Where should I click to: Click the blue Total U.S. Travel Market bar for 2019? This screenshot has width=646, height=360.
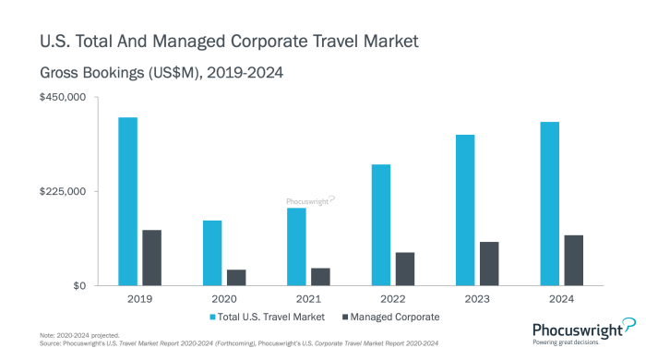point(127,201)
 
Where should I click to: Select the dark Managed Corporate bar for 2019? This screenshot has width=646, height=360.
point(151,258)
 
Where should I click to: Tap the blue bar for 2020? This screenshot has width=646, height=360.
point(212,253)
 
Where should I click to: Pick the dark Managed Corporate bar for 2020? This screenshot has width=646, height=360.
point(236,277)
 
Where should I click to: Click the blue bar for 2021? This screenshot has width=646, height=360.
point(296,246)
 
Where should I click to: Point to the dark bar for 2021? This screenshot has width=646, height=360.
point(320,276)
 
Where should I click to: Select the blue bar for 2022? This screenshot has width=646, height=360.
point(381,225)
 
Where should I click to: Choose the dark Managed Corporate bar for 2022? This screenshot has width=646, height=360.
point(405,269)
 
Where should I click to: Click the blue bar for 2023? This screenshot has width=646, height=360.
point(465,210)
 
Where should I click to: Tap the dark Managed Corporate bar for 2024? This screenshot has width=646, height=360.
point(574,260)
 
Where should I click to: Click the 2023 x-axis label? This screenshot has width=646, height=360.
point(477,300)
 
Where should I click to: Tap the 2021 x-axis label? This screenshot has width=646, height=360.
point(308,300)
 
